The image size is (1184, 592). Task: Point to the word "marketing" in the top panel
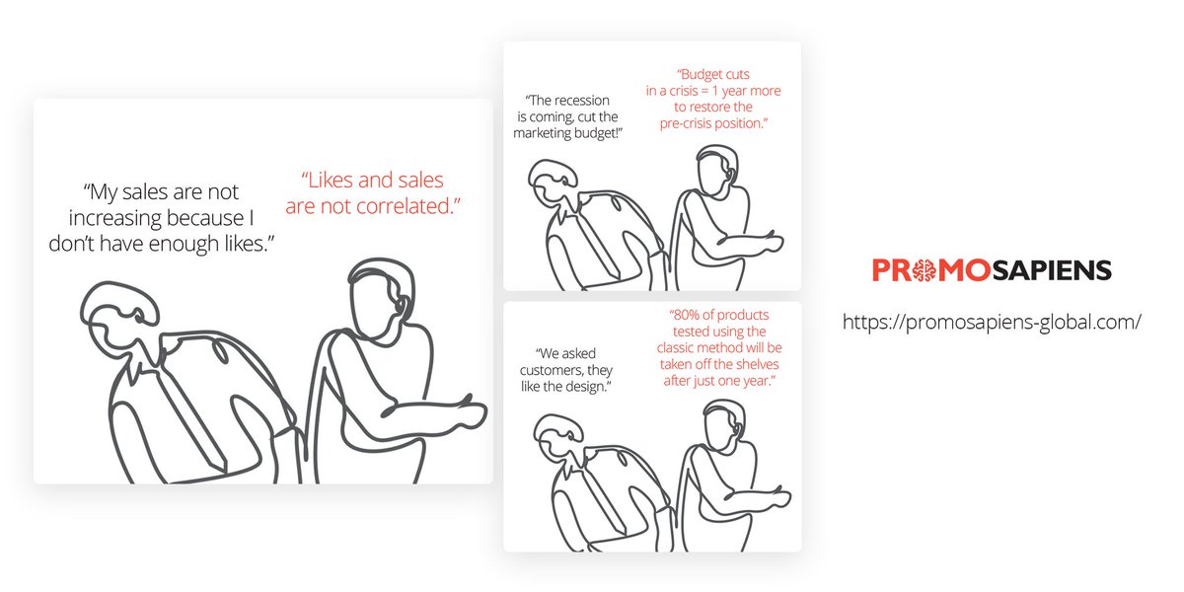(x=549, y=131)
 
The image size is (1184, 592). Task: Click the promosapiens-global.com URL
(x=992, y=322)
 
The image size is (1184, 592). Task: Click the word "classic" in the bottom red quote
(x=679, y=348)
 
